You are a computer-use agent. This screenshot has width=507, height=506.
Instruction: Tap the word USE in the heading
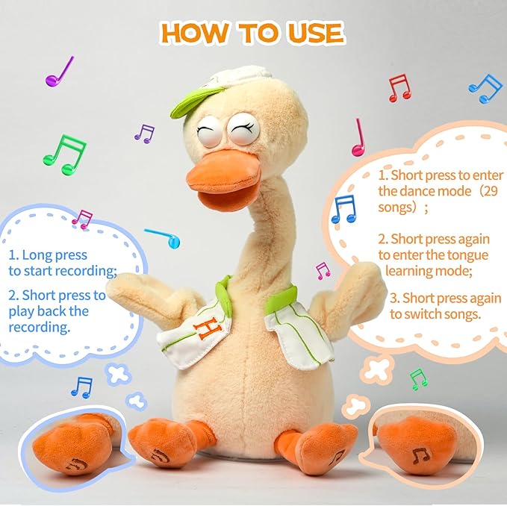(314, 33)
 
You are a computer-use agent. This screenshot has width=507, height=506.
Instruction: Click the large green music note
(65, 152)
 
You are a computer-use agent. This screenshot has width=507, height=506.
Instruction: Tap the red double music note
(399, 87)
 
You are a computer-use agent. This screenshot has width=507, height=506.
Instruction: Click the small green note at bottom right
(419, 378)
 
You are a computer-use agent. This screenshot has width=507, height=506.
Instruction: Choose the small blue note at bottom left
(81, 387)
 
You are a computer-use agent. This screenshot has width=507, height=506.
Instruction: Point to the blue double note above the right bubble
(486, 88)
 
